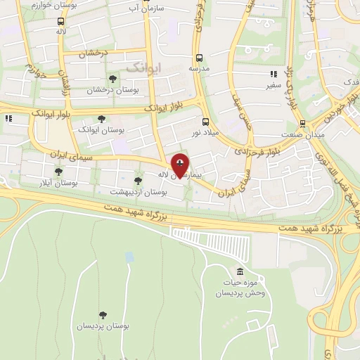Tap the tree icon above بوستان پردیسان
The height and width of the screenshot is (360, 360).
click(103, 314)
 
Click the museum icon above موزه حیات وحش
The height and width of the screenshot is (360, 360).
click(240, 271)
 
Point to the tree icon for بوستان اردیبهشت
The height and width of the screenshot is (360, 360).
click(137, 181)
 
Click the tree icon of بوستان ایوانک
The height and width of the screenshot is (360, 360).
click(101, 120)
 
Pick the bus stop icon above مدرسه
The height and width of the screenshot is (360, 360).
click(199, 58)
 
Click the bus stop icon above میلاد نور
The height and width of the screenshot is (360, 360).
click(205, 121)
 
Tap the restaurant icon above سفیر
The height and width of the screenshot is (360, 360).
click(274, 74)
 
